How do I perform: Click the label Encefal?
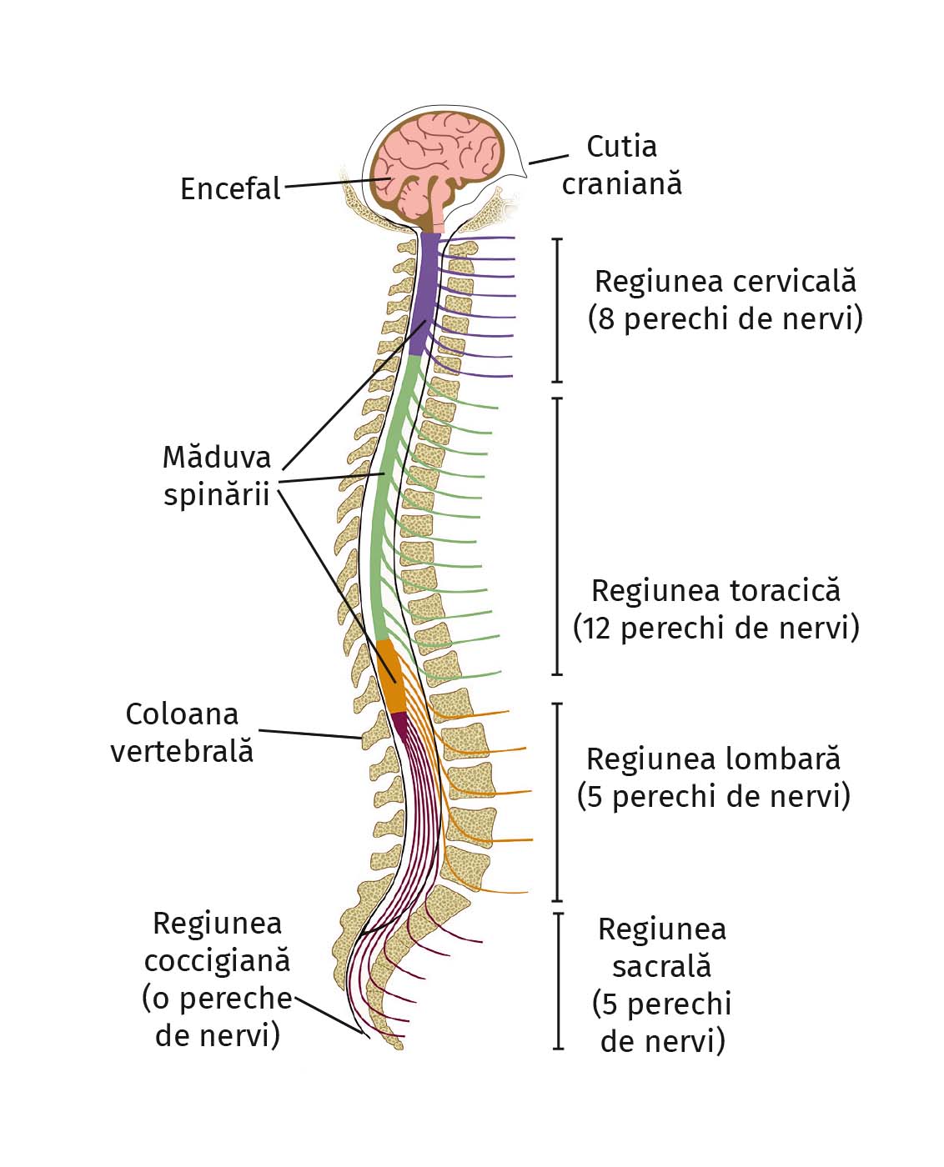(x=230, y=189)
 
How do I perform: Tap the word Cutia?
(x=621, y=147)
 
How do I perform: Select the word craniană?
(x=621, y=183)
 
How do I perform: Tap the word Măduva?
(x=217, y=457)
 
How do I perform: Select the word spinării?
(x=217, y=494)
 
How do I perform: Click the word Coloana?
(x=182, y=714)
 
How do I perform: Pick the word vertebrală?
(x=182, y=751)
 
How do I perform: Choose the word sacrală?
(x=661, y=966)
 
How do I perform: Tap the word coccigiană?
(x=217, y=960)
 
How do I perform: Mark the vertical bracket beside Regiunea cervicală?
(x=558, y=310)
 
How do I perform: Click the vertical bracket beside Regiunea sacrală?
(x=558, y=980)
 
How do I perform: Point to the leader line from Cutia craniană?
(x=549, y=158)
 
